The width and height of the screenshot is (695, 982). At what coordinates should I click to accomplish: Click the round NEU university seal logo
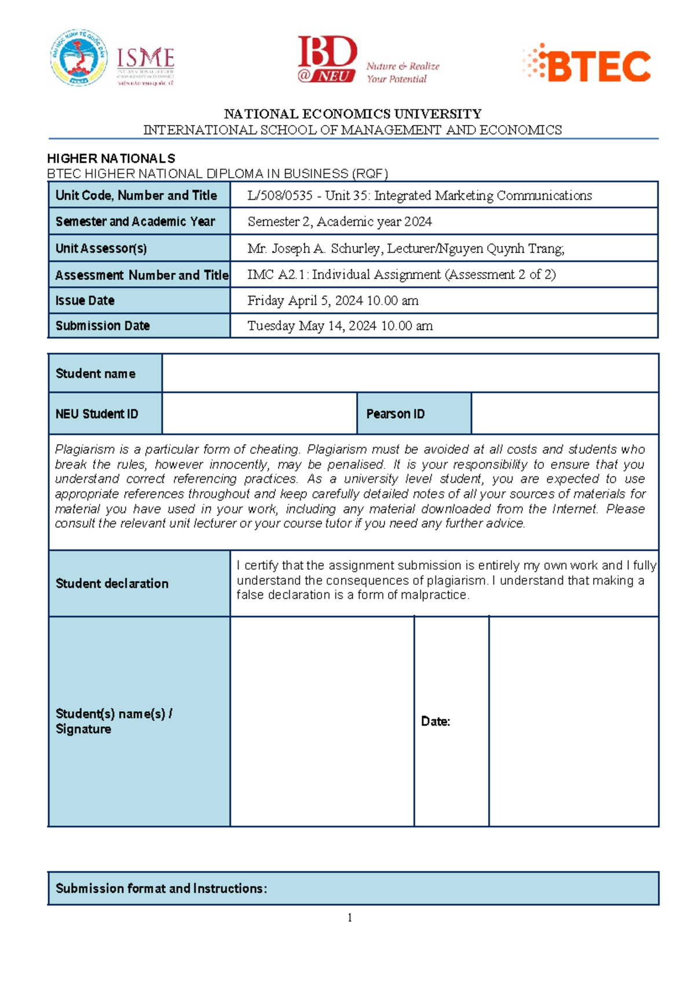click(79, 58)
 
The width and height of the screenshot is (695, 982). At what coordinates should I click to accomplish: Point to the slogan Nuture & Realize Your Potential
click(403, 72)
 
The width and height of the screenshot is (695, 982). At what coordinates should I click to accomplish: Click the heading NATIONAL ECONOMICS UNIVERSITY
click(353, 113)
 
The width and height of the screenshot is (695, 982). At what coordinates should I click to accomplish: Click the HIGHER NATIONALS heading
click(111, 158)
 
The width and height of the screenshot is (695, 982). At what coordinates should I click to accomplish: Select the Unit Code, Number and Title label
click(136, 195)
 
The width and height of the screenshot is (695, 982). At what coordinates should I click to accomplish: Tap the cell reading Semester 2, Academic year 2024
click(339, 221)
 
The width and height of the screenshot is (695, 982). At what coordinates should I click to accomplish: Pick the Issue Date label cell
click(85, 301)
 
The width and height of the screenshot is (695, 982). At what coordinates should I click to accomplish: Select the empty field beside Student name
click(409, 373)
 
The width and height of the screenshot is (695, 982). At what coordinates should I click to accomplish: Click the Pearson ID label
click(395, 414)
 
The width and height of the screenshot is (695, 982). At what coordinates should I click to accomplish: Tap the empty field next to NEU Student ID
click(259, 413)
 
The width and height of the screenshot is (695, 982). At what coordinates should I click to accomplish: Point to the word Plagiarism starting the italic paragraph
click(81, 449)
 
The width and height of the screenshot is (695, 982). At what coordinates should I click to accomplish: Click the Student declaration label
click(112, 583)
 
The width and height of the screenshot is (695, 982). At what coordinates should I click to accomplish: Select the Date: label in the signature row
click(436, 721)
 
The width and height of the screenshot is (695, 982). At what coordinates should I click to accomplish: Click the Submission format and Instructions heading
click(161, 888)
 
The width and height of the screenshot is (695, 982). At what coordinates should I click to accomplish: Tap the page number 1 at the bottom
click(350, 918)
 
